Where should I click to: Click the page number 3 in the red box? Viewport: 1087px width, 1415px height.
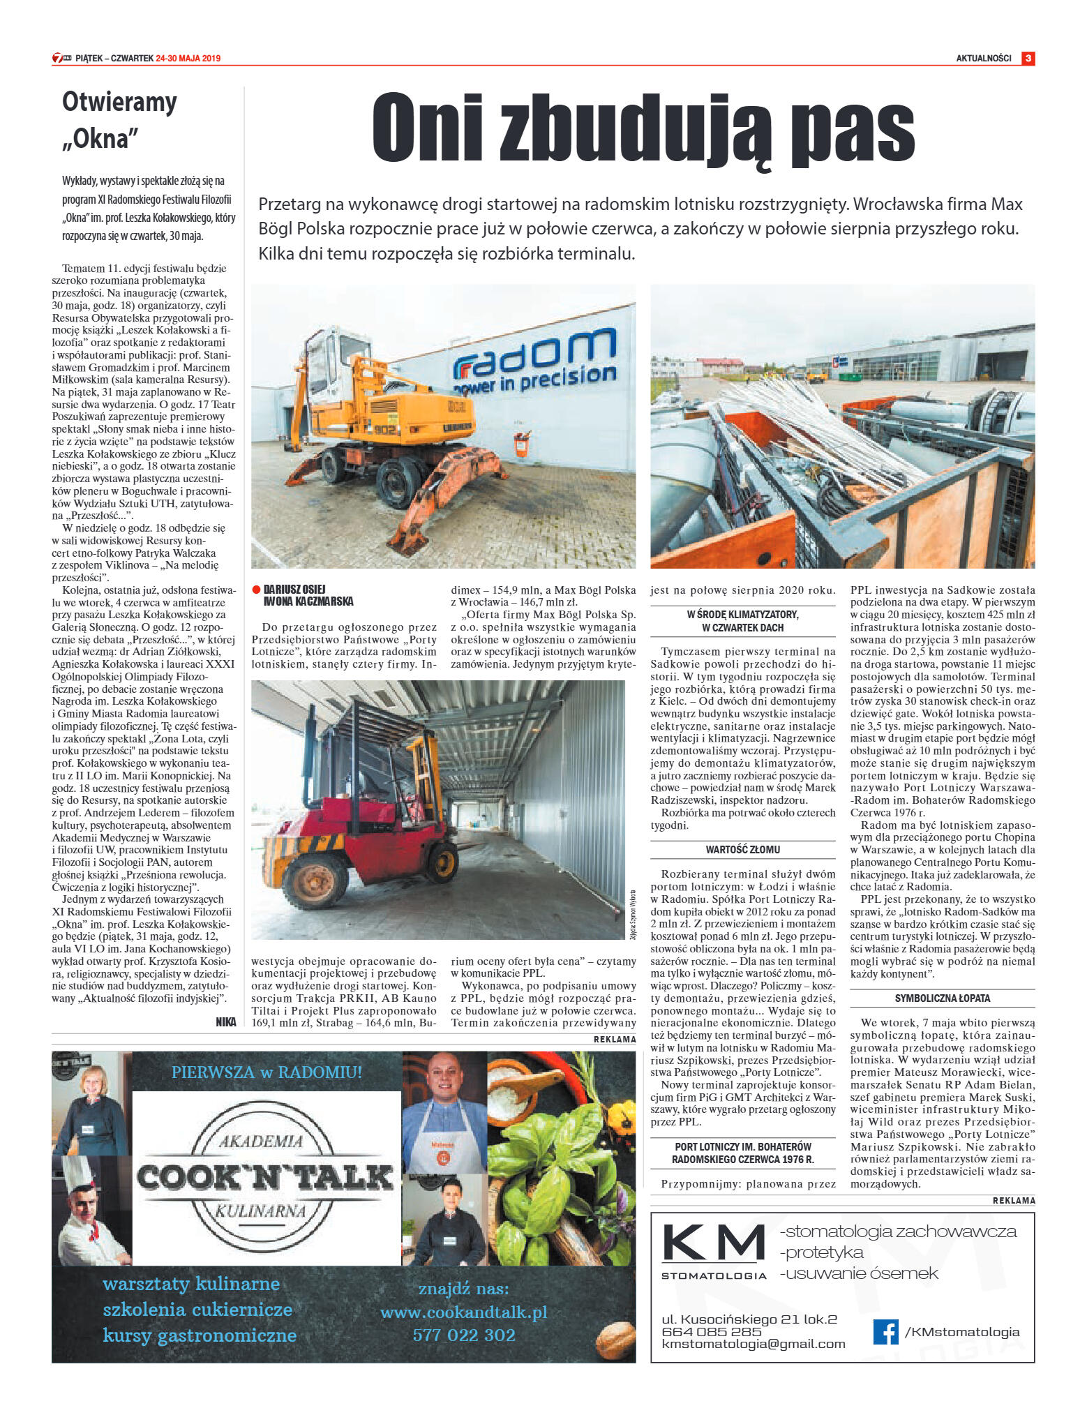1028,59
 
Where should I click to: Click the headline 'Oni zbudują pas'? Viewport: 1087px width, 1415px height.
643,129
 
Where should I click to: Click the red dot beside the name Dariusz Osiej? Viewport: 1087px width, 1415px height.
256,589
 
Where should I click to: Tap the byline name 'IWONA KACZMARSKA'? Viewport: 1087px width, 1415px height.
308,601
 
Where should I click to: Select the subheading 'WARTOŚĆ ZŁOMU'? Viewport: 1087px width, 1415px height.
742,849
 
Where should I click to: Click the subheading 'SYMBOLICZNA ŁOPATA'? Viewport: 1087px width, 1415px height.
942,998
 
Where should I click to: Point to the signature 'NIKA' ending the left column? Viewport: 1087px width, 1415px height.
225,1022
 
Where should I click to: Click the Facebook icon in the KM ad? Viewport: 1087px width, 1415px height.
885,1332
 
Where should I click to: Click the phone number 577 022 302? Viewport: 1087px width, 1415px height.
464,1335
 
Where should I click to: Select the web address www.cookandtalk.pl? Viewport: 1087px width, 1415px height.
463,1312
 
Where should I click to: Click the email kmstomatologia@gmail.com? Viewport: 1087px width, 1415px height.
753,1343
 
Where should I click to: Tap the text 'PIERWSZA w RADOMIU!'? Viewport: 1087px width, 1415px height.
267,1072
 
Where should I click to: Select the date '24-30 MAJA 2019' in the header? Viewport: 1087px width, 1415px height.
188,59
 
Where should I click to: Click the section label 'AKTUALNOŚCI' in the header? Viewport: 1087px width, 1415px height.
983,59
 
